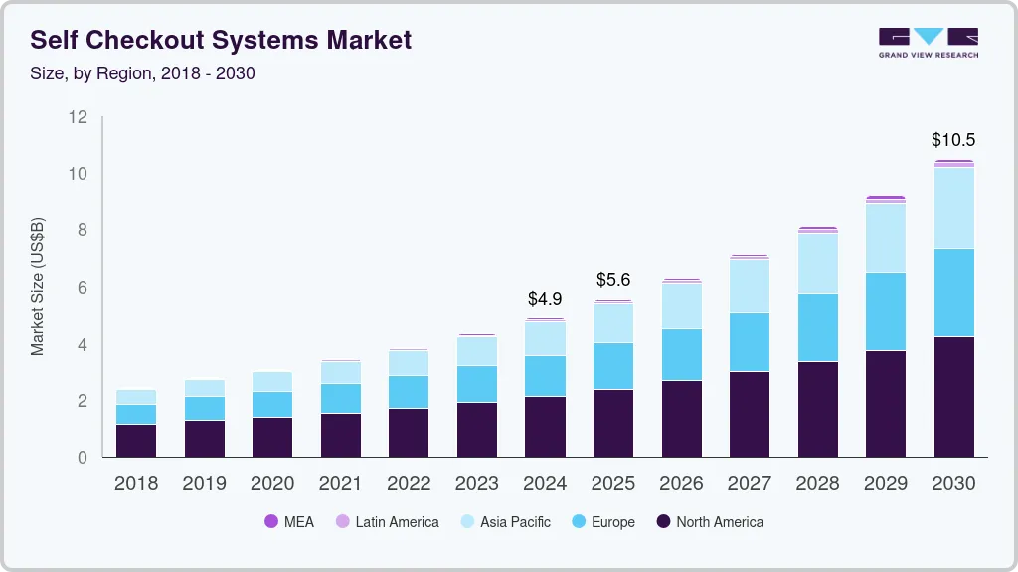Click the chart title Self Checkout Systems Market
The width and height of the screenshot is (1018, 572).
(221, 41)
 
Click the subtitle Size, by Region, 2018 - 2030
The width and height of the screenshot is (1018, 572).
(143, 73)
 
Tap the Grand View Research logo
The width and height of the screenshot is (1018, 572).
(928, 42)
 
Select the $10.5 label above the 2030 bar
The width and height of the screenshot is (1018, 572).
(953, 140)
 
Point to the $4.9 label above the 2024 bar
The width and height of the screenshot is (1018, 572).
(545, 298)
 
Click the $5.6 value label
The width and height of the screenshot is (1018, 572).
(613, 280)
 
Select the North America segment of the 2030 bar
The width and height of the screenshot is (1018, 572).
(953, 396)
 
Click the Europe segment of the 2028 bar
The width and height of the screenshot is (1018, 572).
(817, 328)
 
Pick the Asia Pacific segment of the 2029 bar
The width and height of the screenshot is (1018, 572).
(886, 237)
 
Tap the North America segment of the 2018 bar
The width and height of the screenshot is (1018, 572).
(136, 441)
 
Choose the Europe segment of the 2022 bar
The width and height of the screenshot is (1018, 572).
(409, 392)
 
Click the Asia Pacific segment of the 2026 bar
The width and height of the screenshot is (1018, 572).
(681, 306)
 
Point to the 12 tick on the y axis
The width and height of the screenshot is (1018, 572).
(78, 117)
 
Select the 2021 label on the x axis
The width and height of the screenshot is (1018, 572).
(341, 484)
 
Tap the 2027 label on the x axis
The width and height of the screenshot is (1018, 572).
(750, 484)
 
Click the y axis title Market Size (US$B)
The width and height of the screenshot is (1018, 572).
(38, 287)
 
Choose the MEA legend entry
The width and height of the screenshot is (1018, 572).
(289, 522)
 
